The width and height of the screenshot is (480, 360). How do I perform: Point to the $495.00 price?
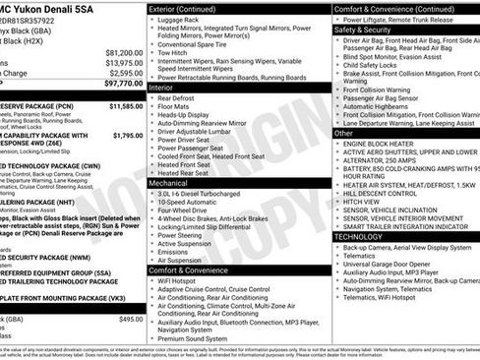point(130,319)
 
